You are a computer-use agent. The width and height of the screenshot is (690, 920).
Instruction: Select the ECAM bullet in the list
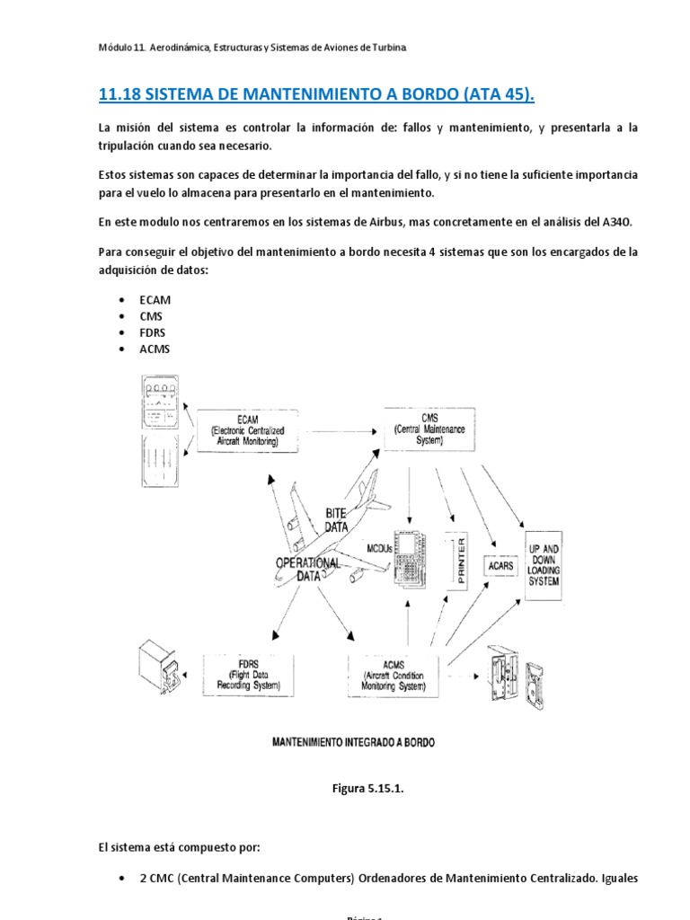coord(155,300)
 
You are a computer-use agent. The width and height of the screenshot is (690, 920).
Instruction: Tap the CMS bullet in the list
coord(151,316)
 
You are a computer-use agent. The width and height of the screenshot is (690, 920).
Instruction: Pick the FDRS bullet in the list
coord(153,332)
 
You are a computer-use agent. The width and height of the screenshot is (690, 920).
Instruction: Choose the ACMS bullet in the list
coord(155,349)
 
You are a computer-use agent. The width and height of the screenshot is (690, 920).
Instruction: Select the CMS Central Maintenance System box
coord(429,428)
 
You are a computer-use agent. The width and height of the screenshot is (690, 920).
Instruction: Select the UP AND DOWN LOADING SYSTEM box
coord(544,565)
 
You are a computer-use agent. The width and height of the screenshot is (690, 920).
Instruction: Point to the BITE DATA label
coord(336,520)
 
